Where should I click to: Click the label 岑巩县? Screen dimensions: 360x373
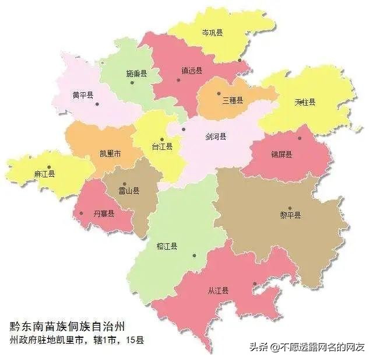pyautogui.click(x=212, y=33)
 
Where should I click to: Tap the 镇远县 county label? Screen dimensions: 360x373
pyautogui.click(x=191, y=71)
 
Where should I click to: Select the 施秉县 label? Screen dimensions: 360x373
pyautogui.click(x=136, y=74)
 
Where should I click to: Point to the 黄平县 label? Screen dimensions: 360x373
pyautogui.click(x=83, y=95)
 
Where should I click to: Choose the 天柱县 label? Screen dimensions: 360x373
pyautogui.click(x=305, y=102)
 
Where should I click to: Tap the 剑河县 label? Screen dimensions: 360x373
pyautogui.click(x=216, y=137)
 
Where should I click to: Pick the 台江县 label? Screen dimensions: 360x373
pyautogui.click(x=161, y=147)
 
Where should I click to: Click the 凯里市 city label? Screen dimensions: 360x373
pyautogui.click(x=110, y=154)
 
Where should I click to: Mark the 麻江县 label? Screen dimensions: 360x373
pyautogui.click(x=44, y=174)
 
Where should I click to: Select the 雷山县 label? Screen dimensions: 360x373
pyautogui.click(x=129, y=191)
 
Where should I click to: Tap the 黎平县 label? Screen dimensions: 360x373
pyautogui.click(x=290, y=215)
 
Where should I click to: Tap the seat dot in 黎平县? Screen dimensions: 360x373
pyautogui.click(x=290, y=208)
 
